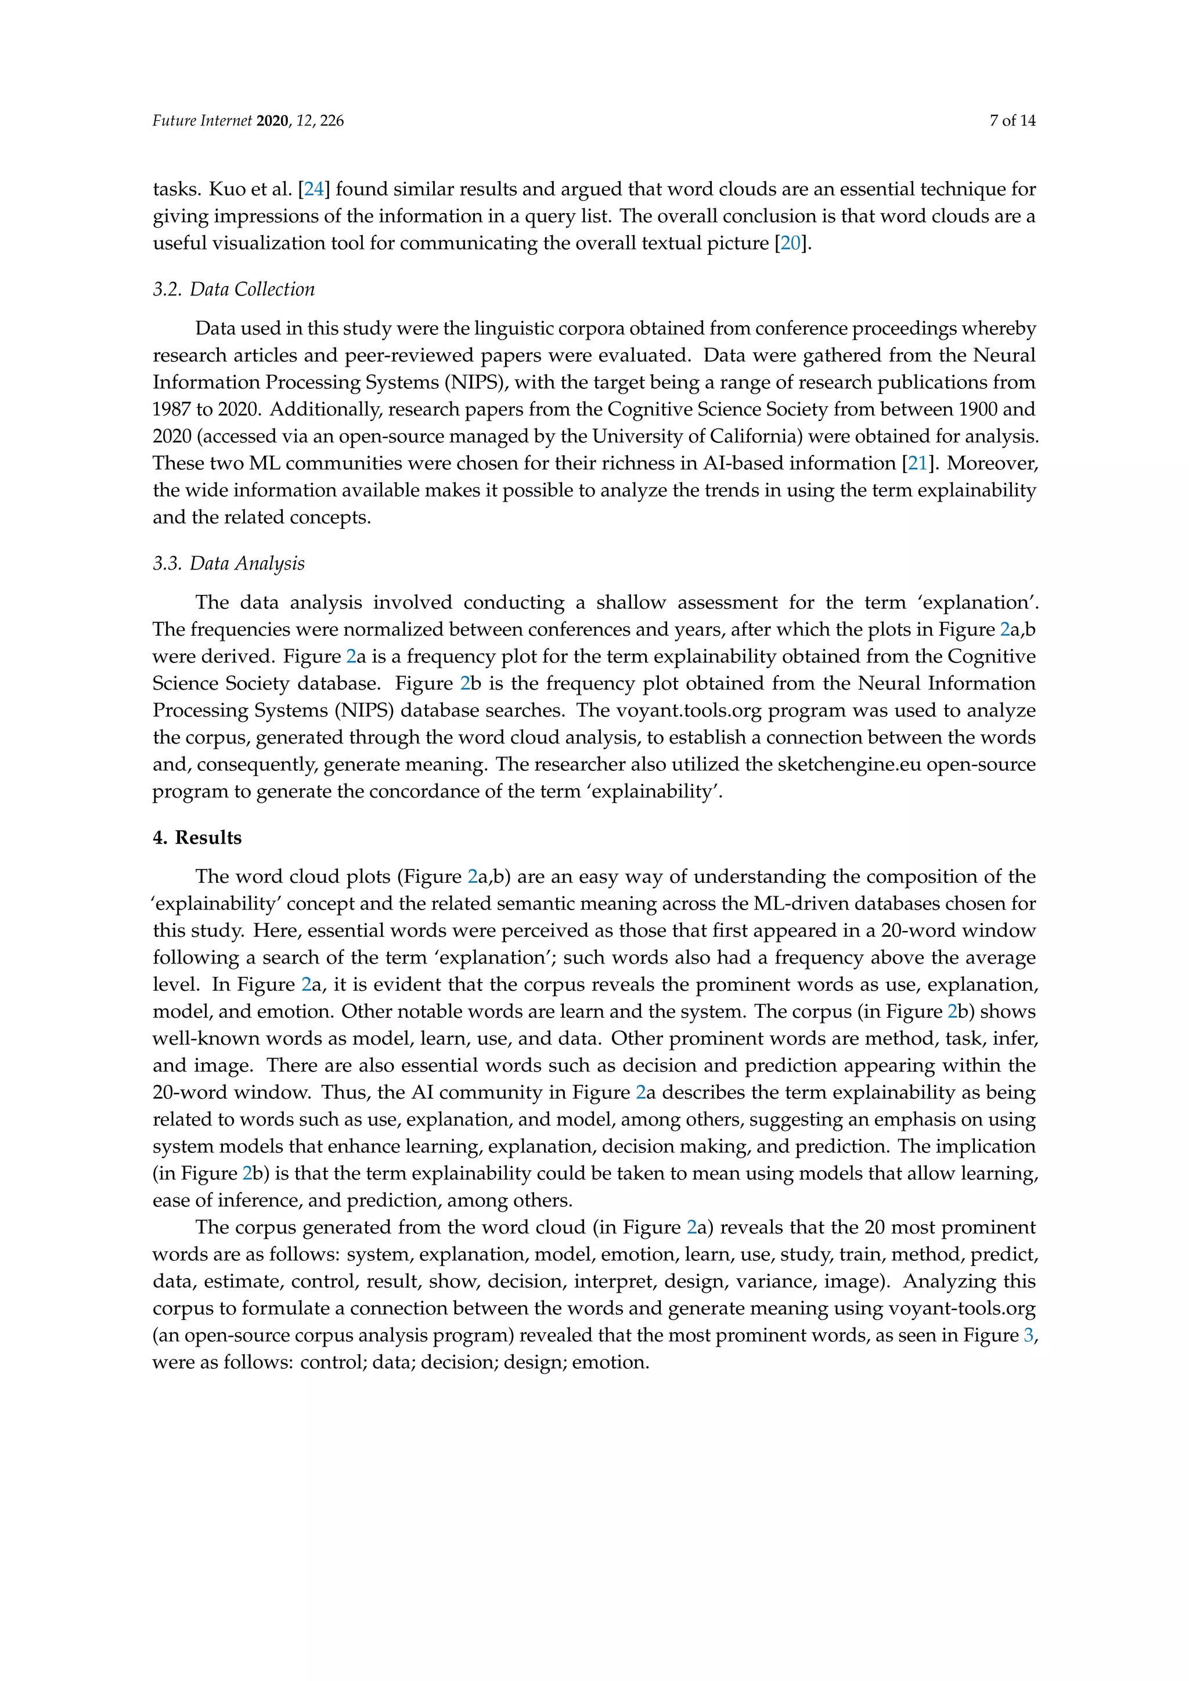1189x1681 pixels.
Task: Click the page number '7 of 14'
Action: pos(1012,121)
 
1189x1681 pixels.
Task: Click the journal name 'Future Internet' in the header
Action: pos(201,121)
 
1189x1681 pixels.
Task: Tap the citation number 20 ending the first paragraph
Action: pos(791,243)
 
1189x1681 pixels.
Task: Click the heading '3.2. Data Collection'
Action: pos(233,289)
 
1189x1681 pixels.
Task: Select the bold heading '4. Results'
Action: pos(197,838)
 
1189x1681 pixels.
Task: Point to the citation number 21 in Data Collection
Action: pos(917,463)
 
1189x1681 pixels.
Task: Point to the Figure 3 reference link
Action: pos(1029,1336)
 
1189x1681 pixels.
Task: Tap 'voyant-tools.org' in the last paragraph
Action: pos(961,1308)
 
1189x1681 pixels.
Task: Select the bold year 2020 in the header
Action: pos(273,121)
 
